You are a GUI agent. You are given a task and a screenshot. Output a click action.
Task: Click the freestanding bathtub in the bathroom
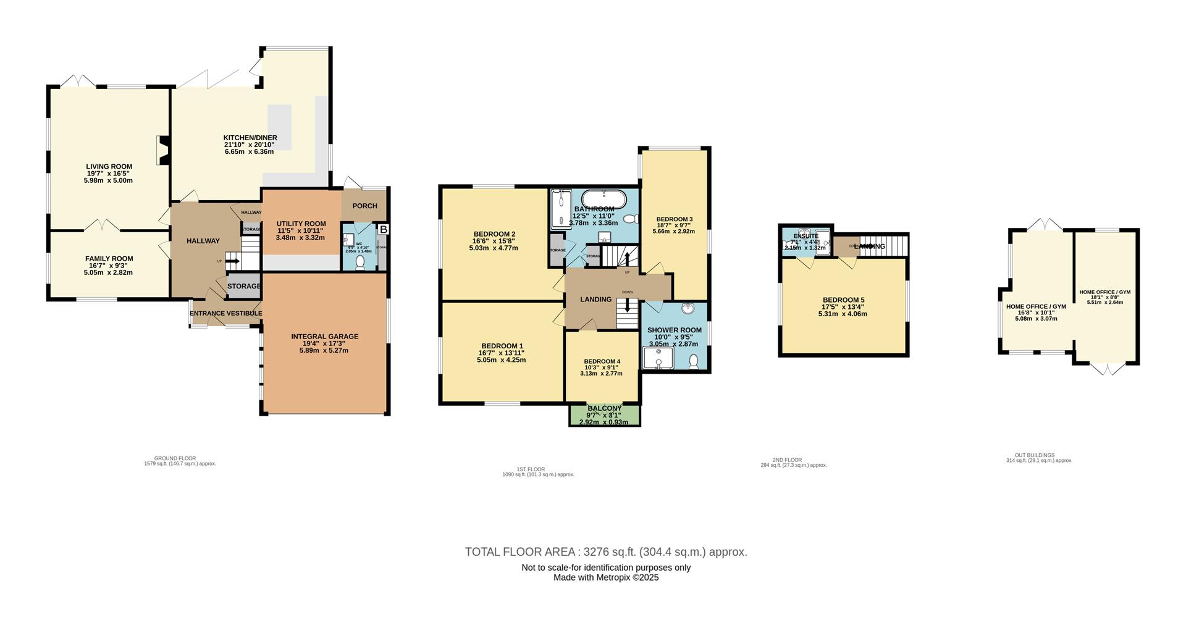click(x=604, y=199)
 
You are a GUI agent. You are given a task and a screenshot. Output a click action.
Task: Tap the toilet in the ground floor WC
click(x=361, y=263)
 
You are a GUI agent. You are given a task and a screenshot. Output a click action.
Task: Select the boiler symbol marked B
click(x=383, y=229)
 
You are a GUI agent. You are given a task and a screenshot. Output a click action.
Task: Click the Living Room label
click(x=109, y=166)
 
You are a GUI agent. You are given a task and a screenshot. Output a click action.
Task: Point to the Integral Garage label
click(x=324, y=337)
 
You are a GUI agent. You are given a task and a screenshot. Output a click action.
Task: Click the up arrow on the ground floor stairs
click(x=233, y=261)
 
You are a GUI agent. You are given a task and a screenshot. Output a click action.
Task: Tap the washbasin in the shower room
click(x=688, y=308)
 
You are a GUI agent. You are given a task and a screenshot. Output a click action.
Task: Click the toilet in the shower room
click(x=693, y=361)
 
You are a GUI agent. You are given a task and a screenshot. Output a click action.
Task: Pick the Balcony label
click(x=604, y=408)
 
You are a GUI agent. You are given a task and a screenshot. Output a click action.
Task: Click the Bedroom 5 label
click(x=843, y=300)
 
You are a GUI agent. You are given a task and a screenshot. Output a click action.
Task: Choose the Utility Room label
click(x=301, y=224)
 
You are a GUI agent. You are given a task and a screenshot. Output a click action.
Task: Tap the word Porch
click(x=364, y=206)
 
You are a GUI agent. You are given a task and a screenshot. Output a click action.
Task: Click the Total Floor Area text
click(x=605, y=552)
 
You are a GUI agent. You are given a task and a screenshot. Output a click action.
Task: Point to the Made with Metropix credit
click(x=605, y=578)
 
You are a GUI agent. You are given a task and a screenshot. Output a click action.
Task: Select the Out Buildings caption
click(x=1039, y=455)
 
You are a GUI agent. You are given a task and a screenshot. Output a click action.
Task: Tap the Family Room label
click(x=109, y=259)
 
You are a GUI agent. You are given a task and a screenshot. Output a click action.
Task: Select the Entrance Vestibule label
click(x=225, y=313)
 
